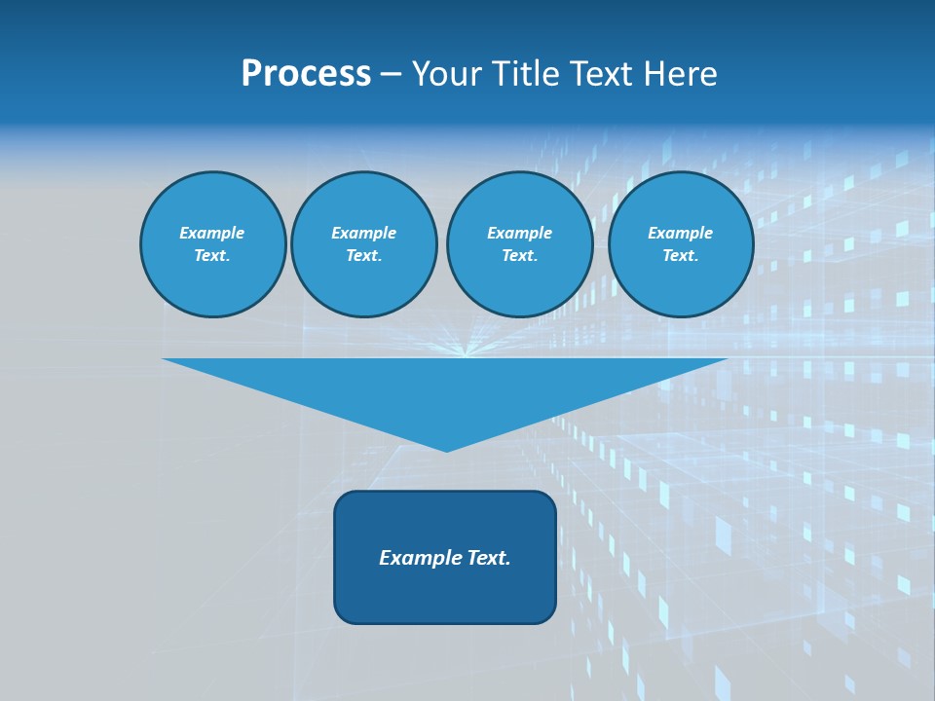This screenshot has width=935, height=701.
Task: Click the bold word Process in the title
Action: click(x=306, y=74)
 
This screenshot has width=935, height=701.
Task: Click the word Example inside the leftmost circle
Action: click(x=212, y=233)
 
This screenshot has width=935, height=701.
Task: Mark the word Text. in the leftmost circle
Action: click(x=212, y=256)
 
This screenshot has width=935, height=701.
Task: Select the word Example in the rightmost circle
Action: click(x=680, y=233)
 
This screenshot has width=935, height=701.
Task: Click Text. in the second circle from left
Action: click(x=363, y=256)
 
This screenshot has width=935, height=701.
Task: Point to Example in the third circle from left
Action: click(x=519, y=233)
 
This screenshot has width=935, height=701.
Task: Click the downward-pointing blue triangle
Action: click(x=445, y=389)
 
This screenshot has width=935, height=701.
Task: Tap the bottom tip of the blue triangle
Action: click(x=446, y=449)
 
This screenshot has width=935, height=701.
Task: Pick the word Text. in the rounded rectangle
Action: click(x=488, y=558)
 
